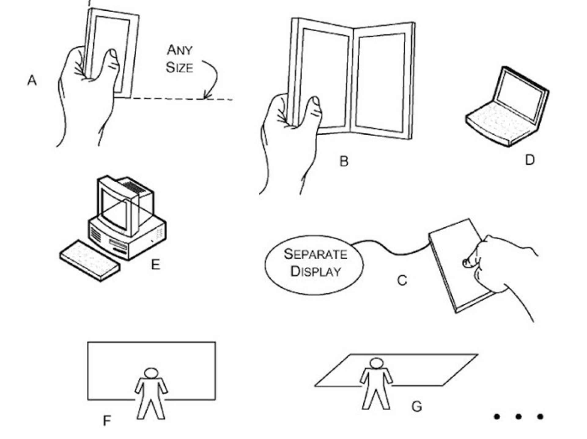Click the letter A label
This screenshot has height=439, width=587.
(x=32, y=81)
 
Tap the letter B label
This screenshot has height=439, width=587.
(x=344, y=161)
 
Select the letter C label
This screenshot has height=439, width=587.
(x=402, y=280)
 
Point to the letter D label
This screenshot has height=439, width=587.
(x=530, y=160)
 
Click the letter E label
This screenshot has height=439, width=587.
(x=155, y=264)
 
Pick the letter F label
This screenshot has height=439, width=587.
(x=106, y=421)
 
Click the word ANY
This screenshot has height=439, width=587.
(x=179, y=50)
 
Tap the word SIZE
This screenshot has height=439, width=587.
(x=179, y=68)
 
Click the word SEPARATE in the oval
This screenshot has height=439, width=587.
(x=315, y=254)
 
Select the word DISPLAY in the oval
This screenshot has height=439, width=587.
(x=315, y=271)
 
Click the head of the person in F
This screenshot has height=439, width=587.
(x=151, y=374)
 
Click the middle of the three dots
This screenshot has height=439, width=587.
(x=518, y=416)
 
